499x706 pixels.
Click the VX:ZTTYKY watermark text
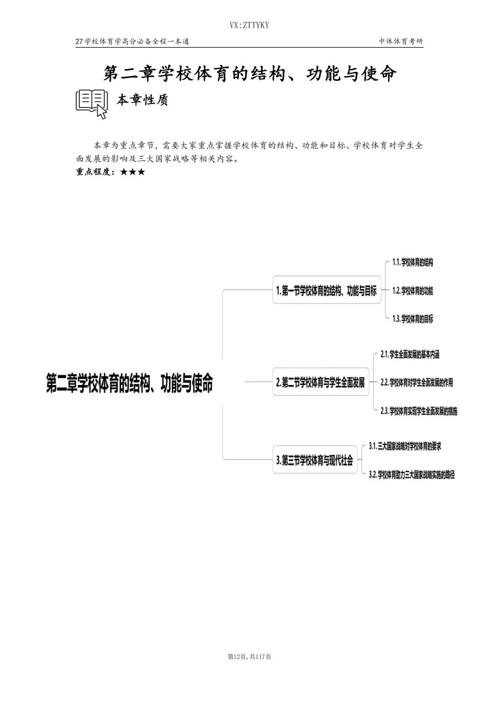point(249,25)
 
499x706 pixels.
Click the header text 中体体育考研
point(401,41)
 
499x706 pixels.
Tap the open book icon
point(91,104)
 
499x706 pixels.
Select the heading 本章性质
point(142,100)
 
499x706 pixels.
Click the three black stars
point(133,172)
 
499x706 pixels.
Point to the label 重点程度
point(95,172)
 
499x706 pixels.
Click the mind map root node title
point(129,383)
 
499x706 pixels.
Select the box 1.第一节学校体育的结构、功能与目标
point(326,290)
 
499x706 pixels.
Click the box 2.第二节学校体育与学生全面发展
point(321,382)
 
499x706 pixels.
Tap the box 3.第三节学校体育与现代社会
point(315,460)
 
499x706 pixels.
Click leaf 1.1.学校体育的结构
point(413,263)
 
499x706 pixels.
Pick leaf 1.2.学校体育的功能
point(413,291)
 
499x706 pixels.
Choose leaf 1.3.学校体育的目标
point(413,319)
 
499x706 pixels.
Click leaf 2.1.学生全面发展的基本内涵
point(410,355)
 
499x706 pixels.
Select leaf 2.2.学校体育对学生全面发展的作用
point(416,382)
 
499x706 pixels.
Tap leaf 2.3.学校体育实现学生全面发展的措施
point(419,411)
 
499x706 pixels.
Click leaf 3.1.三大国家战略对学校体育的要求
point(405,446)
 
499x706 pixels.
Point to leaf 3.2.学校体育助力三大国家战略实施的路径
point(412,475)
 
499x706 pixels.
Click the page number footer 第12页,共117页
point(249,657)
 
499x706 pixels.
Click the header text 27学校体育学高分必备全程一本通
point(133,41)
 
